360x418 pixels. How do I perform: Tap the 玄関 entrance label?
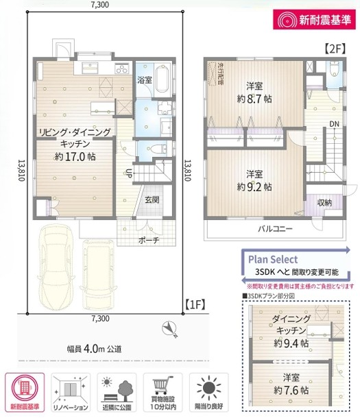point(152,200)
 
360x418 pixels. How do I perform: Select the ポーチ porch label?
point(148,240)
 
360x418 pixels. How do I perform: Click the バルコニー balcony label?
point(276,228)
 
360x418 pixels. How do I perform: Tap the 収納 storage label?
point(325,202)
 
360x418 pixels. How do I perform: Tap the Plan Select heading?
point(272,260)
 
